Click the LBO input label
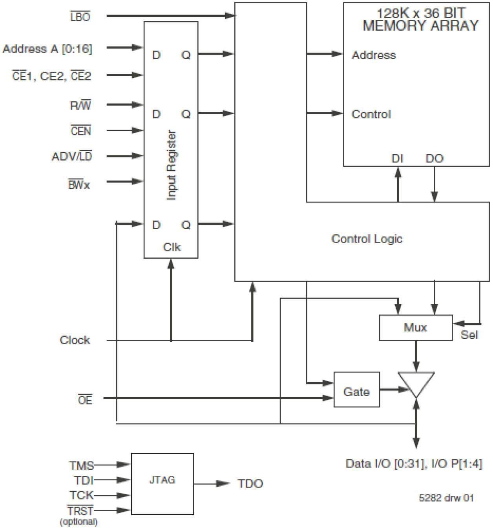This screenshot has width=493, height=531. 80,17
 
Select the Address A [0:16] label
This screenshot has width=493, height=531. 47,49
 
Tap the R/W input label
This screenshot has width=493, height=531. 80,106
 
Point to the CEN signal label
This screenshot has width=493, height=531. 80,131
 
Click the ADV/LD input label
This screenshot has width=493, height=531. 71,157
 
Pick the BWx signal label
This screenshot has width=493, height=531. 79,184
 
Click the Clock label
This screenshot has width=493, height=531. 75,340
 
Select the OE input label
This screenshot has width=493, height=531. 85,400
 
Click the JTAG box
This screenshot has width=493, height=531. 162,484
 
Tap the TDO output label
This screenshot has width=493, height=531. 250,484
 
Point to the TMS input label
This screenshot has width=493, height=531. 82,465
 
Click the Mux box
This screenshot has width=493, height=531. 415,327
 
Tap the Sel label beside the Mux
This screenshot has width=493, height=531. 469,335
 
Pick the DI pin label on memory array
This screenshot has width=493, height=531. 397,159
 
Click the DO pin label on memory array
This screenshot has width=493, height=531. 435,159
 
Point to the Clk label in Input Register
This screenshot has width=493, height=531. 172,247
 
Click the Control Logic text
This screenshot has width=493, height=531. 367,239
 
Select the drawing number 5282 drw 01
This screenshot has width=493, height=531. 446,498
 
